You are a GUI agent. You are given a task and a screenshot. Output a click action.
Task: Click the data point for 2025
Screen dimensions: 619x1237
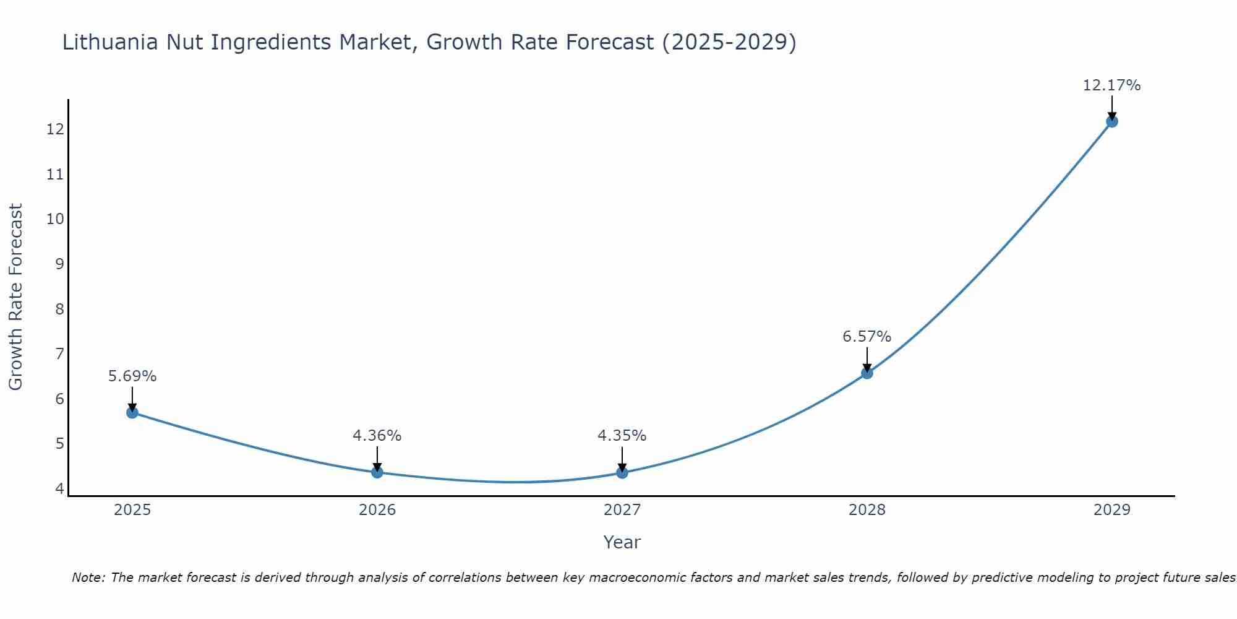132,412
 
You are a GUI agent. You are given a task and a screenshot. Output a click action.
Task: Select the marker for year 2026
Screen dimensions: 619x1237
377,472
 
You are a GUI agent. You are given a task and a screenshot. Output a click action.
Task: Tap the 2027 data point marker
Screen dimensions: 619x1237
622,473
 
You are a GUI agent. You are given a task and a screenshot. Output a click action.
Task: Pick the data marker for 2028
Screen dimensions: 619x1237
867,373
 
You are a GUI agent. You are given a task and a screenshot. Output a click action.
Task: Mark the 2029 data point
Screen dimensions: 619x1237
1112,121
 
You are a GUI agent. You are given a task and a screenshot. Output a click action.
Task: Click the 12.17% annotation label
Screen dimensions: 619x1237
1111,85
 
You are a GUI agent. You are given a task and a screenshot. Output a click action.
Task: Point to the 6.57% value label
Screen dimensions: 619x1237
867,337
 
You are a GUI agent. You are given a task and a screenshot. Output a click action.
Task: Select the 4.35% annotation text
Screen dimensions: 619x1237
622,436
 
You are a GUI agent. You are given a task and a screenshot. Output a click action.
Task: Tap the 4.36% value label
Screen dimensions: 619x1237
377,436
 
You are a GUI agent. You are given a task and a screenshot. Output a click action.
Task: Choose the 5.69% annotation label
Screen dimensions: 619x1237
132,376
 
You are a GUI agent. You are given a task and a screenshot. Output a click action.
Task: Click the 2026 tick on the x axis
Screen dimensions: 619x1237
377,510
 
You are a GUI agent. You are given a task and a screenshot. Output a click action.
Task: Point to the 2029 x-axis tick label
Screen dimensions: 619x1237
1112,510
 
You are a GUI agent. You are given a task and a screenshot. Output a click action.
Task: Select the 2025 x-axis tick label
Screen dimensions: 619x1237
132,510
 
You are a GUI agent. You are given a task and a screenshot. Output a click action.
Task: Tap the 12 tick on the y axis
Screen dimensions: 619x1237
55,129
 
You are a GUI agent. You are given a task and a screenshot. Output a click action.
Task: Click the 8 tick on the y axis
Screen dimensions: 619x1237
59,309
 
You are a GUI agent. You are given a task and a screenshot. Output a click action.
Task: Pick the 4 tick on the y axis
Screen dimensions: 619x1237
59,488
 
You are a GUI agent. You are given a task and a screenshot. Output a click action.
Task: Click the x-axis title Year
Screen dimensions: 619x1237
622,542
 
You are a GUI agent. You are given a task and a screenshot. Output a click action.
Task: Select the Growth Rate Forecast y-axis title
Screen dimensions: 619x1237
15,297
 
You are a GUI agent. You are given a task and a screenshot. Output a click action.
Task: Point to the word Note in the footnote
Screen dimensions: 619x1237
88,578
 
